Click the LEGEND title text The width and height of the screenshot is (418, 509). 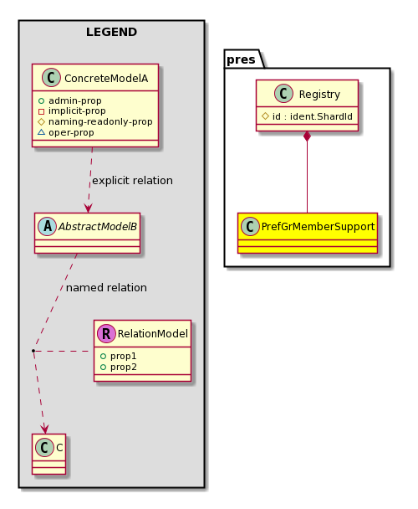pos(111,32)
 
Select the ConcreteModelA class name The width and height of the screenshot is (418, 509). pos(106,78)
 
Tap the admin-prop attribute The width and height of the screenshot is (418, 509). pos(75,100)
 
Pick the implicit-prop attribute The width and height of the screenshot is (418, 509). pos(77,111)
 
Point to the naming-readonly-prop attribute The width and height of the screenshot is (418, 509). pos(100,121)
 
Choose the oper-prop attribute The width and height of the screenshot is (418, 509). pos(71,132)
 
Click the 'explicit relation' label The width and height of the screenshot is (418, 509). pos(132,181)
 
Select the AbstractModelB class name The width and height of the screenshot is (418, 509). pos(98,227)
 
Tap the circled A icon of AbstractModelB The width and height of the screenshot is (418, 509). pos(48,226)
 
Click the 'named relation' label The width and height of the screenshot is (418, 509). pos(106,288)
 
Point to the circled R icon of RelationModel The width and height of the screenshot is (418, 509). pos(106,333)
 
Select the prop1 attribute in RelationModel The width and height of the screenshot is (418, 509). pos(123,356)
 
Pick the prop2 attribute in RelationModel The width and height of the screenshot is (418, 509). pos(123,368)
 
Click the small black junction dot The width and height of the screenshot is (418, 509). pos(33,351)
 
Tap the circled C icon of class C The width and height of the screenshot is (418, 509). pos(45,447)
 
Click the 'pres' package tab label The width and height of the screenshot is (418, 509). pos(241,59)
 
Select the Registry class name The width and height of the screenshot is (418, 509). pos(319,94)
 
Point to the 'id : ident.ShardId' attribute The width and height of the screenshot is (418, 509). pos(313,116)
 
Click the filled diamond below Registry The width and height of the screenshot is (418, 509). pos(307,136)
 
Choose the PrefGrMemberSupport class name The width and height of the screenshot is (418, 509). pos(318,227)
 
